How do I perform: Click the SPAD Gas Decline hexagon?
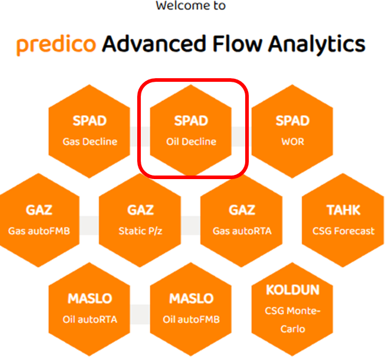(x=89, y=131)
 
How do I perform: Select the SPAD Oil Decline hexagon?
(x=191, y=131)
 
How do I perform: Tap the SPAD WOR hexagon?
(x=292, y=131)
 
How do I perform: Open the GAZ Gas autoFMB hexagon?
(x=39, y=220)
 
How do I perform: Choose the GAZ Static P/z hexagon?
(x=140, y=220)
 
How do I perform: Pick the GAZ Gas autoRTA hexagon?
(x=242, y=220)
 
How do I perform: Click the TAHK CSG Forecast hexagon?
(x=343, y=220)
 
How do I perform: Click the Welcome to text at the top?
(x=191, y=6)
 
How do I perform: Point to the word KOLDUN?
(x=292, y=290)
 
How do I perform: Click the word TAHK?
(x=343, y=210)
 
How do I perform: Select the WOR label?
(x=292, y=142)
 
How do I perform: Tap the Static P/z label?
(x=140, y=231)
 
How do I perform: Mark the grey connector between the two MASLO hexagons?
(x=140, y=314)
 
